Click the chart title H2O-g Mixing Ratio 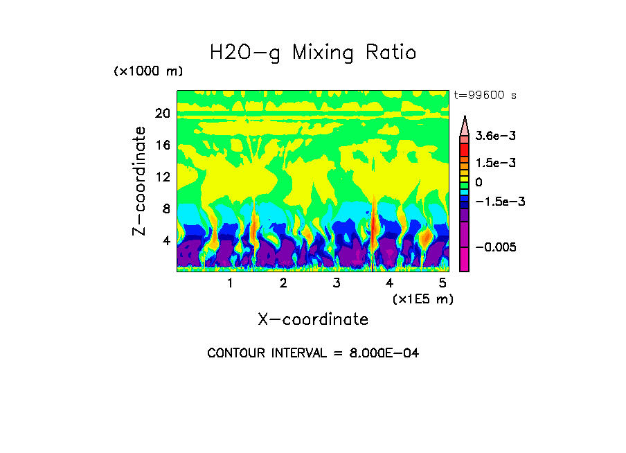[313, 53]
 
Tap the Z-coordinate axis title [140, 181]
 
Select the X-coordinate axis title [313, 319]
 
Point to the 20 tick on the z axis [163, 114]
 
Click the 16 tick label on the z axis [163, 145]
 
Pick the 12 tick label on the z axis [163, 177]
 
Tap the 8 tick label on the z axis [166, 208]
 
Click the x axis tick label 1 [230, 283]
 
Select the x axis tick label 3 [337, 283]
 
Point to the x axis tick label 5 [442, 283]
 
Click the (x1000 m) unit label [147, 72]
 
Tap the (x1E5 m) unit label [422, 299]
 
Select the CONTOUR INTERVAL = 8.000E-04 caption [313, 353]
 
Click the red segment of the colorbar [465, 149]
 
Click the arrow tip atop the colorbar [465, 119]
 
